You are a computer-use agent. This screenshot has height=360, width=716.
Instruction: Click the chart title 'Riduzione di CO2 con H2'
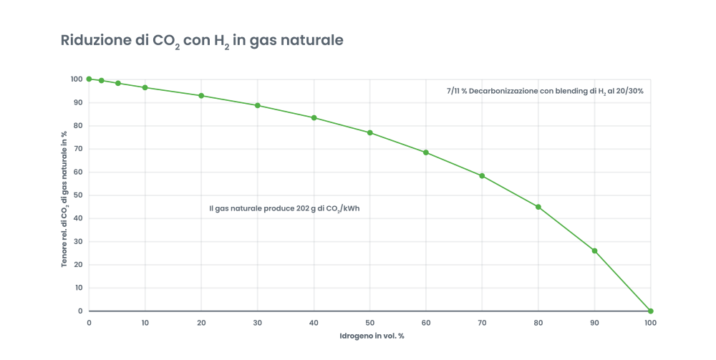point(203,41)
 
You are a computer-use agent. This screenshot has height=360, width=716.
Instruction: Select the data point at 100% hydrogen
point(650,311)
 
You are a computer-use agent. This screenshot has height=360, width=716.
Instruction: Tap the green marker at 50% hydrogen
point(370,132)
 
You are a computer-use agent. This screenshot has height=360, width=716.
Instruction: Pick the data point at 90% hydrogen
point(594,250)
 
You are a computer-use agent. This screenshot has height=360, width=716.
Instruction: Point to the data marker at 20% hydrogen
point(201,95)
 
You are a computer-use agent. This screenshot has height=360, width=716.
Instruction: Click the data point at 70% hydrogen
point(482,175)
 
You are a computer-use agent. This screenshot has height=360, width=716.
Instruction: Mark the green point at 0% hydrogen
point(89,79)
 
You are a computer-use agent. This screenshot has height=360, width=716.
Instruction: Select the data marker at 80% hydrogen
point(538,207)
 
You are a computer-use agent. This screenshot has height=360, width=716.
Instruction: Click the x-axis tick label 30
point(257,323)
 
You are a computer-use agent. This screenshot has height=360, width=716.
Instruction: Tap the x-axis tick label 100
point(649,323)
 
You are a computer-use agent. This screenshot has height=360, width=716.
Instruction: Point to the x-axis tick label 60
point(425,323)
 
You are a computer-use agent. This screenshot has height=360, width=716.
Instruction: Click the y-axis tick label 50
point(77,195)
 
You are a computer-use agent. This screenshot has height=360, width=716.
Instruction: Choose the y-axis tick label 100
point(76,79)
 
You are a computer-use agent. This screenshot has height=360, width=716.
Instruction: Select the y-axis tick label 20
point(77,265)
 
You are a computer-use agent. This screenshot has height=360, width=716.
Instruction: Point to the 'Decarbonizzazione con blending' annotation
point(544,92)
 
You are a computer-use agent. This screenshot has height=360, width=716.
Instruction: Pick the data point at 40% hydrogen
point(314,117)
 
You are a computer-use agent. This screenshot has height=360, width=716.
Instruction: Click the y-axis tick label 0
point(79,311)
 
